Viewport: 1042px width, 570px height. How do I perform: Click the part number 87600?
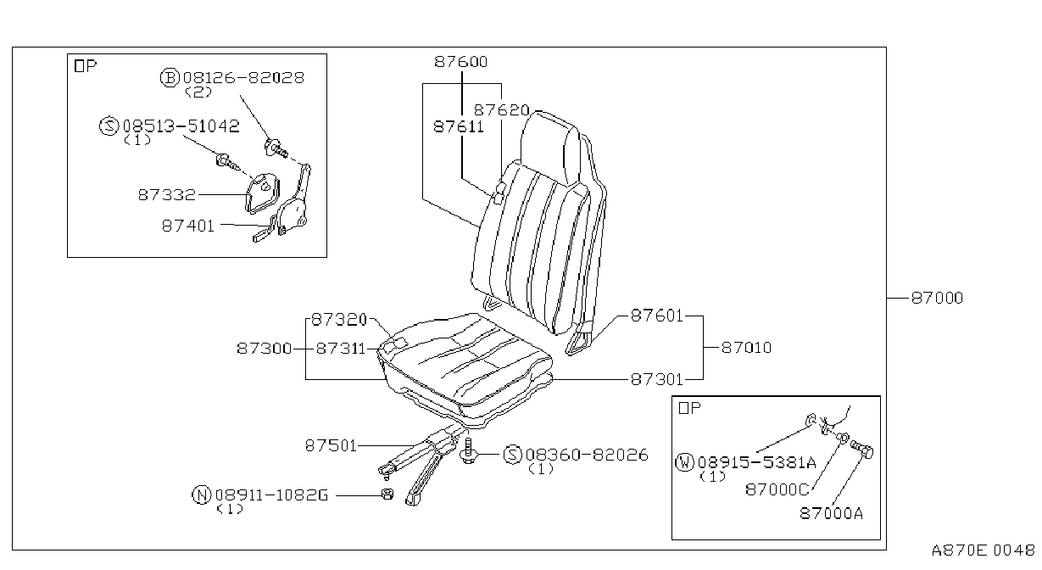click(x=460, y=62)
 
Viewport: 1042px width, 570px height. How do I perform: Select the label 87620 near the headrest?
click(x=501, y=110)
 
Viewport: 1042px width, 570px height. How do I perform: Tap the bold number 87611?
click(x=459, y=126)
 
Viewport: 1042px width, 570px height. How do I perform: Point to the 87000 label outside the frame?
click(x=937, y=298)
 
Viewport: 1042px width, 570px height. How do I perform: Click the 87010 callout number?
click(x=746, y=348)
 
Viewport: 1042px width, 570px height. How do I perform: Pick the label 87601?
click(x=657, y=316)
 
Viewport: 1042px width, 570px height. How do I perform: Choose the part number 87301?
click(x=657, y=380)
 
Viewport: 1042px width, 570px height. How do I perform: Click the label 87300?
click(x=265, y=349)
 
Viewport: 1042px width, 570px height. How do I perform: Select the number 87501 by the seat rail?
click(x=331, y=446)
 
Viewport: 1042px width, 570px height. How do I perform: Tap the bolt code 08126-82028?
click(x=243, y=78)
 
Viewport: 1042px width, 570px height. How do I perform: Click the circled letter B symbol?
click(x=170, y=78)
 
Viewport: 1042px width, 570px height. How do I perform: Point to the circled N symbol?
click(x=202, y=495)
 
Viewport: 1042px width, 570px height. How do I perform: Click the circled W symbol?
click(x=684, y=462)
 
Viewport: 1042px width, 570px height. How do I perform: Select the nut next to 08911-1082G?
click(x=387, y=495)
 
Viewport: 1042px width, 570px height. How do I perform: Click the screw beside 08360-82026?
click(x=469, y=451)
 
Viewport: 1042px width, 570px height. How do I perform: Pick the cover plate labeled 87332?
click(x=263, y=193)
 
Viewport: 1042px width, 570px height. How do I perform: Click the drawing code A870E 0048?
click(x=983, y=550)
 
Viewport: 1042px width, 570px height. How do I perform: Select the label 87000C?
click(x=777, y=489)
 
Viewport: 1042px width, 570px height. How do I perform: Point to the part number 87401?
click(x=188, y=226)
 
